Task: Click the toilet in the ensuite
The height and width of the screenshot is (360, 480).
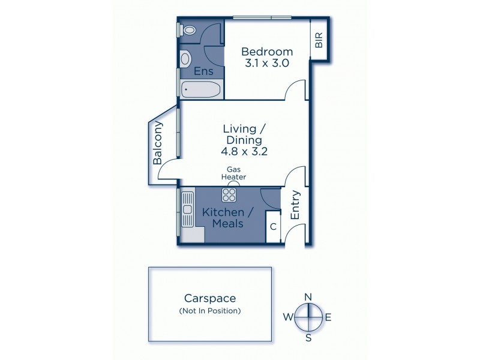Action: [189, 29]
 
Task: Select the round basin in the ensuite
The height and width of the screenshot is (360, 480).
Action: [185, 58]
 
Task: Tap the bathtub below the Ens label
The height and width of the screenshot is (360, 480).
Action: [200, 91]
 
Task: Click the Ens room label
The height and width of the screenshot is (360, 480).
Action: [203, 71]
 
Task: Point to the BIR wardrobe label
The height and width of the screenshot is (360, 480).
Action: [319, 40]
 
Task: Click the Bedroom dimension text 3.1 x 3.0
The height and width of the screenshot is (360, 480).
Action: [266, 62]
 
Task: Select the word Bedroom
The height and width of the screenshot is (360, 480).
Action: [267, 51]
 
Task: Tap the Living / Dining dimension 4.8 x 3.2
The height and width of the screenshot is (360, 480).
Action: [245, 152]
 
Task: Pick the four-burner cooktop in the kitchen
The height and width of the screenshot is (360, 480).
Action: [229, 194]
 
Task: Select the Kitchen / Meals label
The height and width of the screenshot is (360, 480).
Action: [223, 218]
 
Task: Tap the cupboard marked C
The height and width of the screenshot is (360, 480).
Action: [273, 227]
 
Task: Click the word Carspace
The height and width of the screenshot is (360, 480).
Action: [210, 298]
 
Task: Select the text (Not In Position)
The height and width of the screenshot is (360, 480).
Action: [210, 311]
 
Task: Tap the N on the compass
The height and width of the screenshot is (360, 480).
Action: [308, 297]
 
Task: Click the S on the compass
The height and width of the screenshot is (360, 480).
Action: [308, 337]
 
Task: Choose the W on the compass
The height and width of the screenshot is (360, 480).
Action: [287, 317]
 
